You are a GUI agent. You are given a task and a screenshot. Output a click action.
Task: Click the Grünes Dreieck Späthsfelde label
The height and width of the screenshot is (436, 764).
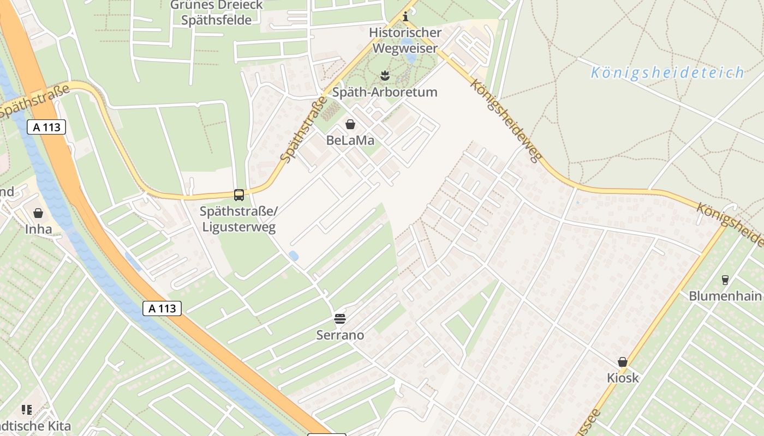pyautogui.click(x=217, y=13)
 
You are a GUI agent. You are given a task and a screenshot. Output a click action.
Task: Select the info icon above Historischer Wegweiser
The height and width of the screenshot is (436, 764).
pyautogui.click(x=405, y=17)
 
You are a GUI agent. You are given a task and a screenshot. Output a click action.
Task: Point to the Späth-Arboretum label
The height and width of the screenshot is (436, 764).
pyautogui.click(x=385, y=92)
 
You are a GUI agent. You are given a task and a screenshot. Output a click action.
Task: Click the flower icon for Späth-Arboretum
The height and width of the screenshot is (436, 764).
pyautogui.click(x=385, y=75)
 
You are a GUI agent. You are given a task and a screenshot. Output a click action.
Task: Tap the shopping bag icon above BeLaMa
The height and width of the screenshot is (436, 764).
pyautogui.click(x=350, y=124)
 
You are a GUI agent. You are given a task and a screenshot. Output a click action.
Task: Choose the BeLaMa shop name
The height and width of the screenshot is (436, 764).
pyautogui.click(x=350, y=141)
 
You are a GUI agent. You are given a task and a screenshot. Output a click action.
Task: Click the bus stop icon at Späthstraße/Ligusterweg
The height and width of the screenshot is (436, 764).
pyautogui.click(x=238, y=195)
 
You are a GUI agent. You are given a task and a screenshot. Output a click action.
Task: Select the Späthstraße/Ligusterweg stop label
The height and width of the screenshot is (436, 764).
pyautogui.click(x=238, y=219)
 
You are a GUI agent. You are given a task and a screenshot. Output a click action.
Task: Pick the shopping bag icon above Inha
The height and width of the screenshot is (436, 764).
pyautogui.click(x=38, y=213)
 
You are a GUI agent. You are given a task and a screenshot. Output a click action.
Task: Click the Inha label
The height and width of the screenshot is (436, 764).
pyautogui.click(x=38, y=229)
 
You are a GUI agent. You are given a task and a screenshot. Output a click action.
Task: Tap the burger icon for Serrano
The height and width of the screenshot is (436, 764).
pyautogui.click(x=340, y=318)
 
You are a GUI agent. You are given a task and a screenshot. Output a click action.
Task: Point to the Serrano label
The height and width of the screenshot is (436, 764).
pyautogui.click(x=340, y=335)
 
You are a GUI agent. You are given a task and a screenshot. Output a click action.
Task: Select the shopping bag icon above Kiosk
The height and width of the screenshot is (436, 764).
pyautogui.click(x=622, y=362)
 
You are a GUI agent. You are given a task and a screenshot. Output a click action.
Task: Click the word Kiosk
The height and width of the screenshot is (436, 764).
pyautogui.click(x=622, y=378)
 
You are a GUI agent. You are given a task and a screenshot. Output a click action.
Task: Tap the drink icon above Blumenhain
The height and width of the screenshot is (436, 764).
pyautogui.click(x=725, y=280)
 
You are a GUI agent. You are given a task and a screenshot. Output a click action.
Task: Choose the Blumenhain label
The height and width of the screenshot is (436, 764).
pyautogui.click(x=725, y=296)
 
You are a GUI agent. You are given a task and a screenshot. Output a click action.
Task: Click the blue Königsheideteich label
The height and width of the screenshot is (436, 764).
pyautogui.click(x=667, y=72)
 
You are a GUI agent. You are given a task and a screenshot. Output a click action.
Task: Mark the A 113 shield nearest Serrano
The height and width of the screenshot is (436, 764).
pyautogui.click(x=162, y=308)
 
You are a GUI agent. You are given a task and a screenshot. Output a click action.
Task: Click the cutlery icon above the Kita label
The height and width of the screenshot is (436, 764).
pyautogui.click(x=27, y=409)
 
